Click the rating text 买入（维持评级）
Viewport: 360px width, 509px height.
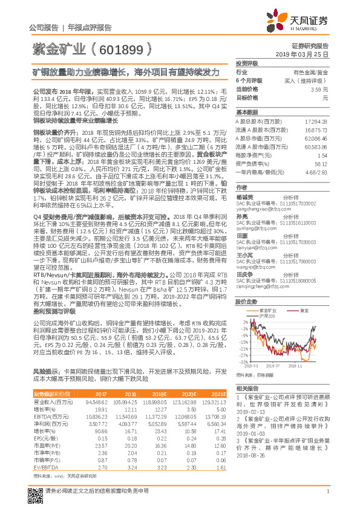(x=307, y=80)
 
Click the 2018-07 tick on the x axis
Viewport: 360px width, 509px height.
(x=272, y=365)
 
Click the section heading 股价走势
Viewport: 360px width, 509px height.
(x=245, y=301)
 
